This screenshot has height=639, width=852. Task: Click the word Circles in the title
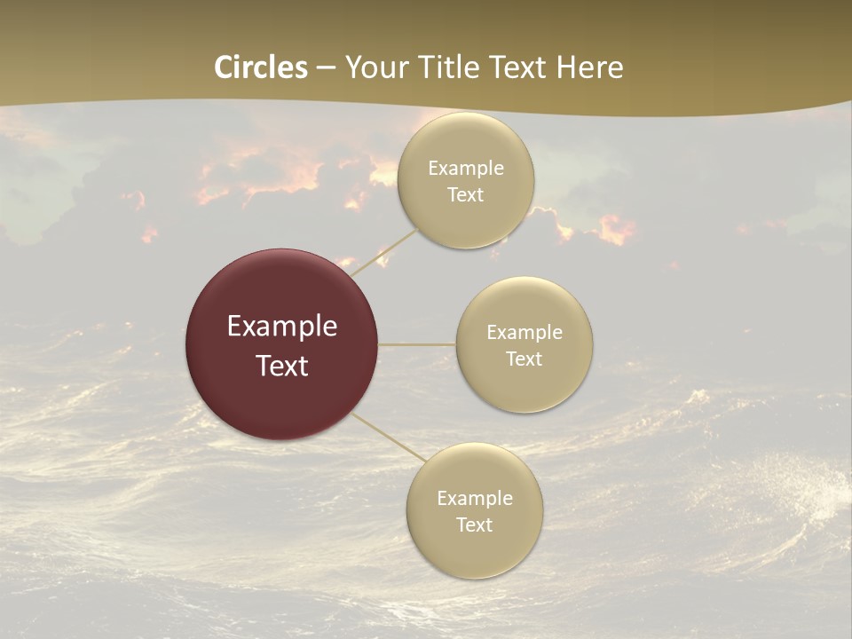point(261,67)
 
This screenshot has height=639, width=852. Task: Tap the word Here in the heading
point(589,67)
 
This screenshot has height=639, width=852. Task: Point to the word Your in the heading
point(373,67)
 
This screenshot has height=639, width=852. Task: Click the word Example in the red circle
point(282,327)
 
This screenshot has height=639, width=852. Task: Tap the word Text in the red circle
point(282,366)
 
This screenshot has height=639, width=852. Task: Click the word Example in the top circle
point(466,169)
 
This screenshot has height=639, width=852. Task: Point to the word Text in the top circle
point(466,195)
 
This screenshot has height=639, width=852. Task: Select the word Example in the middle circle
point(525,333)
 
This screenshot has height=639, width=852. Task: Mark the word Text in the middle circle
point(525,359)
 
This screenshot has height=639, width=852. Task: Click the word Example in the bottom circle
point(474,499)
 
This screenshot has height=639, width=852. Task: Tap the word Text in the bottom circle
point(474,525)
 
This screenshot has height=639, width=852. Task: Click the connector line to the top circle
point(386,253)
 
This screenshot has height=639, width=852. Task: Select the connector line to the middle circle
point(417,344)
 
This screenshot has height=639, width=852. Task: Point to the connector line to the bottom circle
point(390,438)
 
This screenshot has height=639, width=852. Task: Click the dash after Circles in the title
point(327,68)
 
